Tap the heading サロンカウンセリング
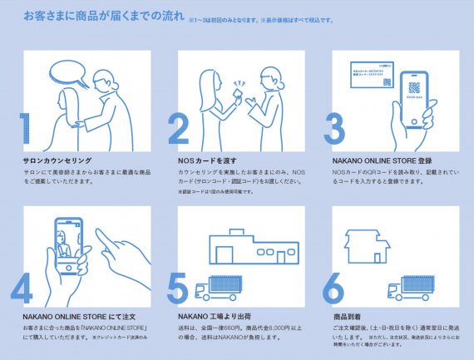[58, 160]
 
